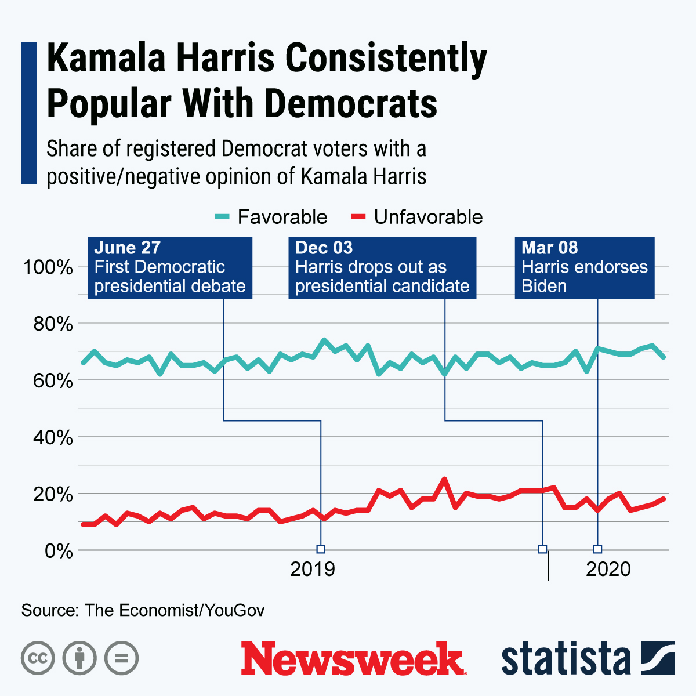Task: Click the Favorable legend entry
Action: (x=271, y=217)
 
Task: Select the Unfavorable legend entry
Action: (x=418, y=217)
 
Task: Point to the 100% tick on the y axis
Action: (x=48, y=267)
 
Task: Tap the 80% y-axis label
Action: (x=52, y=324)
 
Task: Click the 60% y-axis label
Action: (x=52, y=380)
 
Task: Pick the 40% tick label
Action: (x=52, y=437)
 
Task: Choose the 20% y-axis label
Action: (x=52, y=494)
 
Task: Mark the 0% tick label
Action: (x=59, y=550)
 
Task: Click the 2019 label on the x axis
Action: (x=313, y=569)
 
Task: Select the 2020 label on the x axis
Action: (x=608, y=569)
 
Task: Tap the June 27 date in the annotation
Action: (x=127, y=248)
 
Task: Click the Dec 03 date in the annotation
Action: (x=324, y=248)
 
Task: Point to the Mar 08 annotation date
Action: (x=549, y=248)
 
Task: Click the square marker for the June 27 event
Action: (x=321, y=549)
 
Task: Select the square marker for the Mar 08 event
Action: (x=597, y=549)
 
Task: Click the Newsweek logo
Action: (x=353, y=659)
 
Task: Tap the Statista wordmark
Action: (x=565, y=659)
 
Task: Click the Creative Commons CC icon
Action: (x=38, y=658)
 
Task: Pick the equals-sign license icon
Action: (x=121, y=658)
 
